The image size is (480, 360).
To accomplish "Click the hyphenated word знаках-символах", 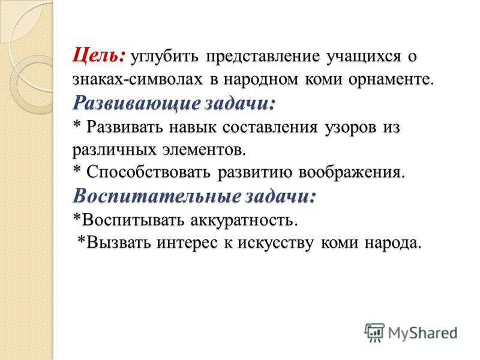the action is (x=137, y=80).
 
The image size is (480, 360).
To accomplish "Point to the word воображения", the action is (x=352, y=173).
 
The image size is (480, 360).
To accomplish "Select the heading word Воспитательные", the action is (x=156, y=196).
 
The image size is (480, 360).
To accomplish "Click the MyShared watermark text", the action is (x=423, y=332).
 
